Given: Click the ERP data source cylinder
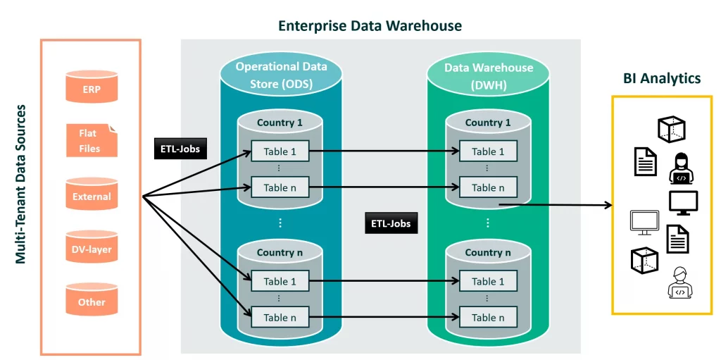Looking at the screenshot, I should coord(91,88).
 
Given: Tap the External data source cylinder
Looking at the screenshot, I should coord(91,195).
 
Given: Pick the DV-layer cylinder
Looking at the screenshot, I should coord(91,248).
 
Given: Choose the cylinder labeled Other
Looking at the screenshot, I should coord(91,301).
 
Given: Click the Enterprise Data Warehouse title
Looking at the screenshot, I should coord(370,26).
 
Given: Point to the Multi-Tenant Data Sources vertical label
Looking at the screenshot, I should coord(21,185).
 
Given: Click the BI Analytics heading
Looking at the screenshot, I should coord(661,78).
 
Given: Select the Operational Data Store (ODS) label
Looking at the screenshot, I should coord(281,76).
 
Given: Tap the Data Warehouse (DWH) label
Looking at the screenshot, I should coord(488,76).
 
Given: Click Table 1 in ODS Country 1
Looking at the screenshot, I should coord(280,151).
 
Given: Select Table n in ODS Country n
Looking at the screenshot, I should coord(280,317).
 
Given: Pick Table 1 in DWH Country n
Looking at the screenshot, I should coord(488,280).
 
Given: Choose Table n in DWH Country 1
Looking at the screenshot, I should coord(488,187).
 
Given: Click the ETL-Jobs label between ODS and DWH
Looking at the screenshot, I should coord(391,224).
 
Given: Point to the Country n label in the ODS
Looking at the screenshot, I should coord(280,252).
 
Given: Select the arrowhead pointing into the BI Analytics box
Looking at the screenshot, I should coord(608,205).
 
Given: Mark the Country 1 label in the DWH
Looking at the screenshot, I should coord(488,123).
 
